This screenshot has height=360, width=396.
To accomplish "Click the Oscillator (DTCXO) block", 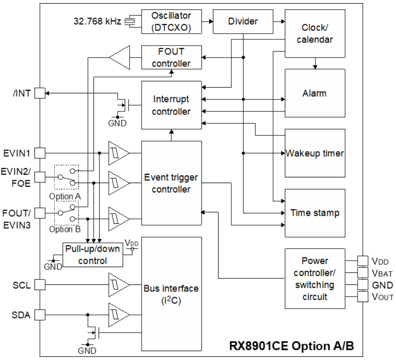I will [x=171, y=21].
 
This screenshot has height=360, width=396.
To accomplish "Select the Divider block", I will [x=243, y=21].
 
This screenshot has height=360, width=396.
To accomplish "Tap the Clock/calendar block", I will [x=315, y=33].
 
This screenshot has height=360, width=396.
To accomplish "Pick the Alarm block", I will [x=315, y=93].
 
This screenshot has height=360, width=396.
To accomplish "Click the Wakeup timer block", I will [x=315, y=153].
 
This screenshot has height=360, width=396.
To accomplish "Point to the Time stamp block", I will [x=315, y=213].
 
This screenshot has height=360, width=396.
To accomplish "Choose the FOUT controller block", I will [x=171, y=57].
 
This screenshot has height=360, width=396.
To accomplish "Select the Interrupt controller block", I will [x=171, y=105].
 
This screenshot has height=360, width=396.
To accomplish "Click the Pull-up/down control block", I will [x=92, y=255].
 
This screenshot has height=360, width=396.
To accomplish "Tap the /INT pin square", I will [x=40, y=93].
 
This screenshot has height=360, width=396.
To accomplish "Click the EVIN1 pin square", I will [x=40, y=153].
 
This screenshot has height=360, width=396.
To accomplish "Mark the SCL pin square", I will [x=40, y=284].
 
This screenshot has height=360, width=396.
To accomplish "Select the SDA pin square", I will [x=40, y=314].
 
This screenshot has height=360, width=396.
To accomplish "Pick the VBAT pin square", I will [x=362, y=272].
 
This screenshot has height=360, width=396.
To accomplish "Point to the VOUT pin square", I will [x=362, y=296].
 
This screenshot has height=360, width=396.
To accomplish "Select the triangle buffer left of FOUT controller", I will [x=119, y=57].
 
